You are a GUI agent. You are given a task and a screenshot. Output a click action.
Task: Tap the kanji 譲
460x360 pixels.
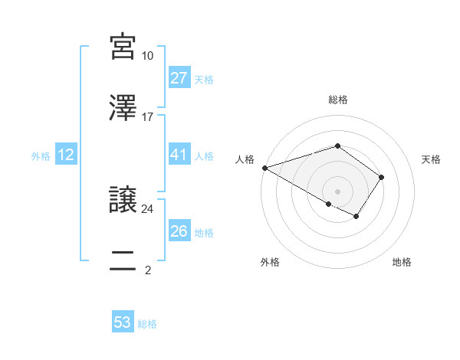click(x=123, y=198)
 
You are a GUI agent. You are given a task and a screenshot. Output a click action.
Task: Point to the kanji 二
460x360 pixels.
click(x=123, y=260)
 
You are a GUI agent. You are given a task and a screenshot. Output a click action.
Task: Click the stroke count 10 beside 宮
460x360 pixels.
click(x=147, y=56)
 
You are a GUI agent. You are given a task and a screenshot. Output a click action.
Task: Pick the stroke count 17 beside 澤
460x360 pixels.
click(x=147, y=117)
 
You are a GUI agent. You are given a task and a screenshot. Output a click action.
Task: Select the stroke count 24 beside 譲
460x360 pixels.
click(x=147, y=208)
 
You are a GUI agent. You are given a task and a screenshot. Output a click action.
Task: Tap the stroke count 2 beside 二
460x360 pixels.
click(x=147, y=270)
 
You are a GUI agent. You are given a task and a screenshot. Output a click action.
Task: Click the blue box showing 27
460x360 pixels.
click(x=179, y=78)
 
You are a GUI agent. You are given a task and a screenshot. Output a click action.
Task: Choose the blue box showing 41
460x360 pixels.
click(x=179, y=155)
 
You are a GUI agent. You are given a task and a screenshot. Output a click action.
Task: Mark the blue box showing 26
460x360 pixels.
click(x=179, y=231)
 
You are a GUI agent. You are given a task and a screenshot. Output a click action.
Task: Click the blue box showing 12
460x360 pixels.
click(x=66, y=155)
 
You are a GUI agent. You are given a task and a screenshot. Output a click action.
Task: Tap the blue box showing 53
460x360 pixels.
click(x=123, y=322)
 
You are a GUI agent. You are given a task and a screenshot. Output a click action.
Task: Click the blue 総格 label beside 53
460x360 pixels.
click(x=147, y=324)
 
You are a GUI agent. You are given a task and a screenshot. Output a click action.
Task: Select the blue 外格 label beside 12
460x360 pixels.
click(x=41, y=156)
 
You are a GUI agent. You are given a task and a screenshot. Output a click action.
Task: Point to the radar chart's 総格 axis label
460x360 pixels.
click(x=337, y=100)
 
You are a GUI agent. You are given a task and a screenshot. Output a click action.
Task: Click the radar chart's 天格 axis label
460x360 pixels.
click(x=432, y=159)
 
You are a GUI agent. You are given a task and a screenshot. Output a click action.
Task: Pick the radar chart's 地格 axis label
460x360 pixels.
click(x=402, y=262)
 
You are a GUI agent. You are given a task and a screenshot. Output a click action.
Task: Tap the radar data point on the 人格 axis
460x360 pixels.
click(x=264, y=168)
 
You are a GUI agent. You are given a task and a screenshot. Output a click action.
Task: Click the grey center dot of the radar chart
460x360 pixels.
click(x=337, y=191)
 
